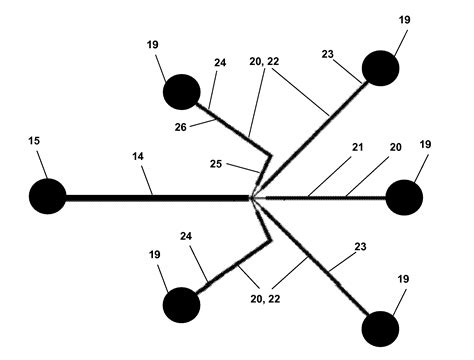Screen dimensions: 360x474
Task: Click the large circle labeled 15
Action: tap(47, 196)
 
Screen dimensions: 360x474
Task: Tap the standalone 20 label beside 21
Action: tap(395, 148)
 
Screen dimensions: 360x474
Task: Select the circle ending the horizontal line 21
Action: tap(404, 197)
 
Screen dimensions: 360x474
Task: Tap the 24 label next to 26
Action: tap(220, 62)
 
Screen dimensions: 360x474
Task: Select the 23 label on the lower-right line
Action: tap(360, 245)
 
